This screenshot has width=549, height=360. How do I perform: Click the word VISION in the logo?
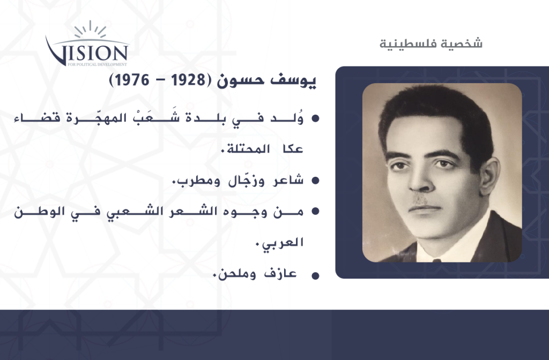pos(87,52)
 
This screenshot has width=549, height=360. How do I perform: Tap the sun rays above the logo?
pos(90,29)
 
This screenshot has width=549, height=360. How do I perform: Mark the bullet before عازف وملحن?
pos(315,276)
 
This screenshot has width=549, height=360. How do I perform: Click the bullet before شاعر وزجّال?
pos(315,181)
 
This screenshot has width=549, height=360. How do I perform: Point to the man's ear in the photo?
pos(489,175)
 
